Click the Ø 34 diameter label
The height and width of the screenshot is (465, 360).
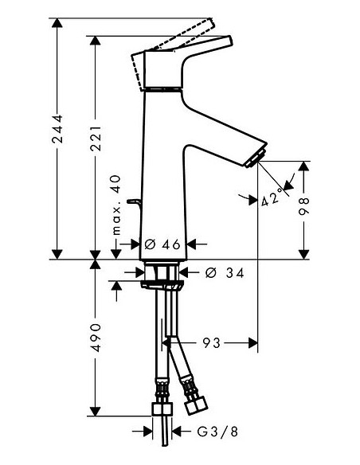220,272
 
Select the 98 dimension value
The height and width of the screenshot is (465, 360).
303,209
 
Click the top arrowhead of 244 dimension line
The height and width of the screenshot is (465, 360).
57,22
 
